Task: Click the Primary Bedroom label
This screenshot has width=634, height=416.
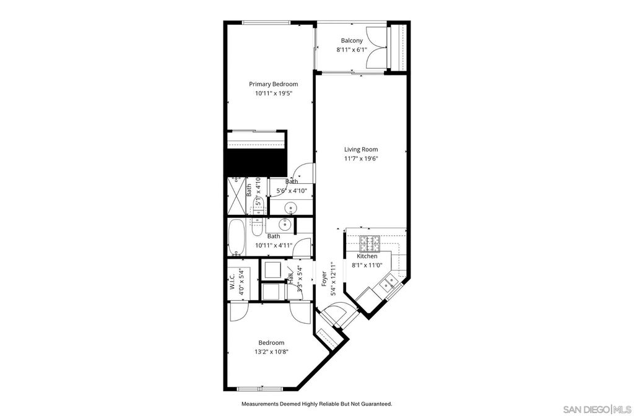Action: pos(273,84)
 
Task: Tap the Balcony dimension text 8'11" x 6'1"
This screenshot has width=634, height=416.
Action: pos(351,50)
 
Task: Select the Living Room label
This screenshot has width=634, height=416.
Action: pos(361,149)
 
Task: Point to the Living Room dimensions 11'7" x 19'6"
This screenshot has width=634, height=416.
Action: pos(361,158)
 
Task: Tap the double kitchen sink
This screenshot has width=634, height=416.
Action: pos(389,284)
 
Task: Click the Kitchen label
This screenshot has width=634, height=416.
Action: pos(367,256)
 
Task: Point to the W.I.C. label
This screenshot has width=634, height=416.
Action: pos(232,283)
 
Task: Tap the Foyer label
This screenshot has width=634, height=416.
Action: pos(323,279)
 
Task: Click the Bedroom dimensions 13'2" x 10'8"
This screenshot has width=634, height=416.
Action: pos(271,352)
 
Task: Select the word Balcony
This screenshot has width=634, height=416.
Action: pos(351,41)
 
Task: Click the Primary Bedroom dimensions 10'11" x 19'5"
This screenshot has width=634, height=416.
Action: pos(273,93)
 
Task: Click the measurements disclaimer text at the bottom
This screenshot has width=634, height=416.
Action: pos(316,404)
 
